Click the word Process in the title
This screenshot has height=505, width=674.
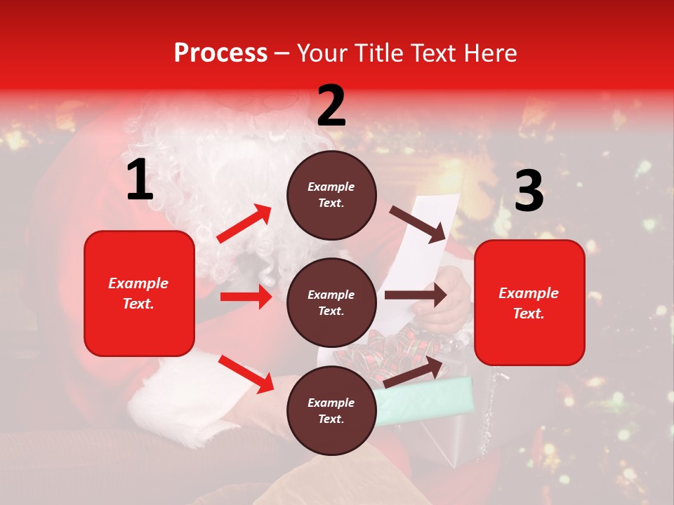click(x=220, y=53)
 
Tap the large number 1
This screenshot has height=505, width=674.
click(x=140, y=180)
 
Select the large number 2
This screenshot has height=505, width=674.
click(x=331, y=105)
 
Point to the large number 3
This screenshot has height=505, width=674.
click(x=529, y=191)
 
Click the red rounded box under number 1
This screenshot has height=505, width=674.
click(x=139, y=293)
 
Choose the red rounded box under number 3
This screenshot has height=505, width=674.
click(x=529, y=303)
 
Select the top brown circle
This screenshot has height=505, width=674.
click(x=331, y=195)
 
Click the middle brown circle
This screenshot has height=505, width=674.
click(x=331, y=303)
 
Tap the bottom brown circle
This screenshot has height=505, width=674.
click(x=331, y=411)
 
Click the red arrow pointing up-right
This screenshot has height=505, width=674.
click(x=244, y=224)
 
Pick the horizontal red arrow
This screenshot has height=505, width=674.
click(x=246, y=297)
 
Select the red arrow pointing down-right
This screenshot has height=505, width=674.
click(x=246, y=374)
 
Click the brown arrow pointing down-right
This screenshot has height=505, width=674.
click(x=418, y=224)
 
